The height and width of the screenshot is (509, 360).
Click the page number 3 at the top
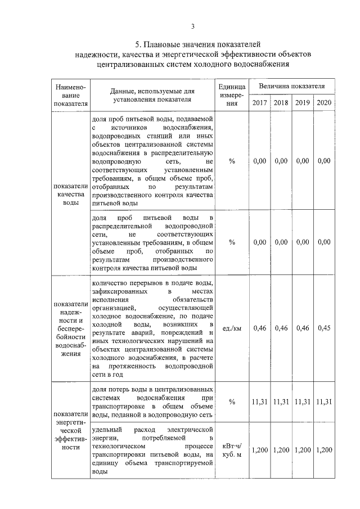click(x=192, y=26)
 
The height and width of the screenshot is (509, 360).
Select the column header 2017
click(x=259, y=103)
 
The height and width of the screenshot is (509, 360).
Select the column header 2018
click(x=280, y=103)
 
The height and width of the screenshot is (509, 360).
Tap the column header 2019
click(x=302, y=103)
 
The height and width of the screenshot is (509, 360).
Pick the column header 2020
click(x=324, y=103)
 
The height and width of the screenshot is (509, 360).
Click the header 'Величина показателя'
click(x=291, y=87)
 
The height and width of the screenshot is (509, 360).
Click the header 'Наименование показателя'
click(x=70, y=95)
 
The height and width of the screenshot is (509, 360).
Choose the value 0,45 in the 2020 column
click(x=324, y=328)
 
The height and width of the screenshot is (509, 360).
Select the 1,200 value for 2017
click(x=259, y=450)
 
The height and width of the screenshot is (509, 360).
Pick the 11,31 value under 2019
click(x=302, y=402)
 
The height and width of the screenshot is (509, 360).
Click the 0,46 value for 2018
click(x=280, y=328)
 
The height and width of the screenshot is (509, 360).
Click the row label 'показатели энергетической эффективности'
click(x=70, y=431)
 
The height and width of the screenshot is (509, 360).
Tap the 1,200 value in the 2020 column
click(x=324, y=450)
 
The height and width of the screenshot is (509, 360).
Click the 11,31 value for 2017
click(x=259, y=402)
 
